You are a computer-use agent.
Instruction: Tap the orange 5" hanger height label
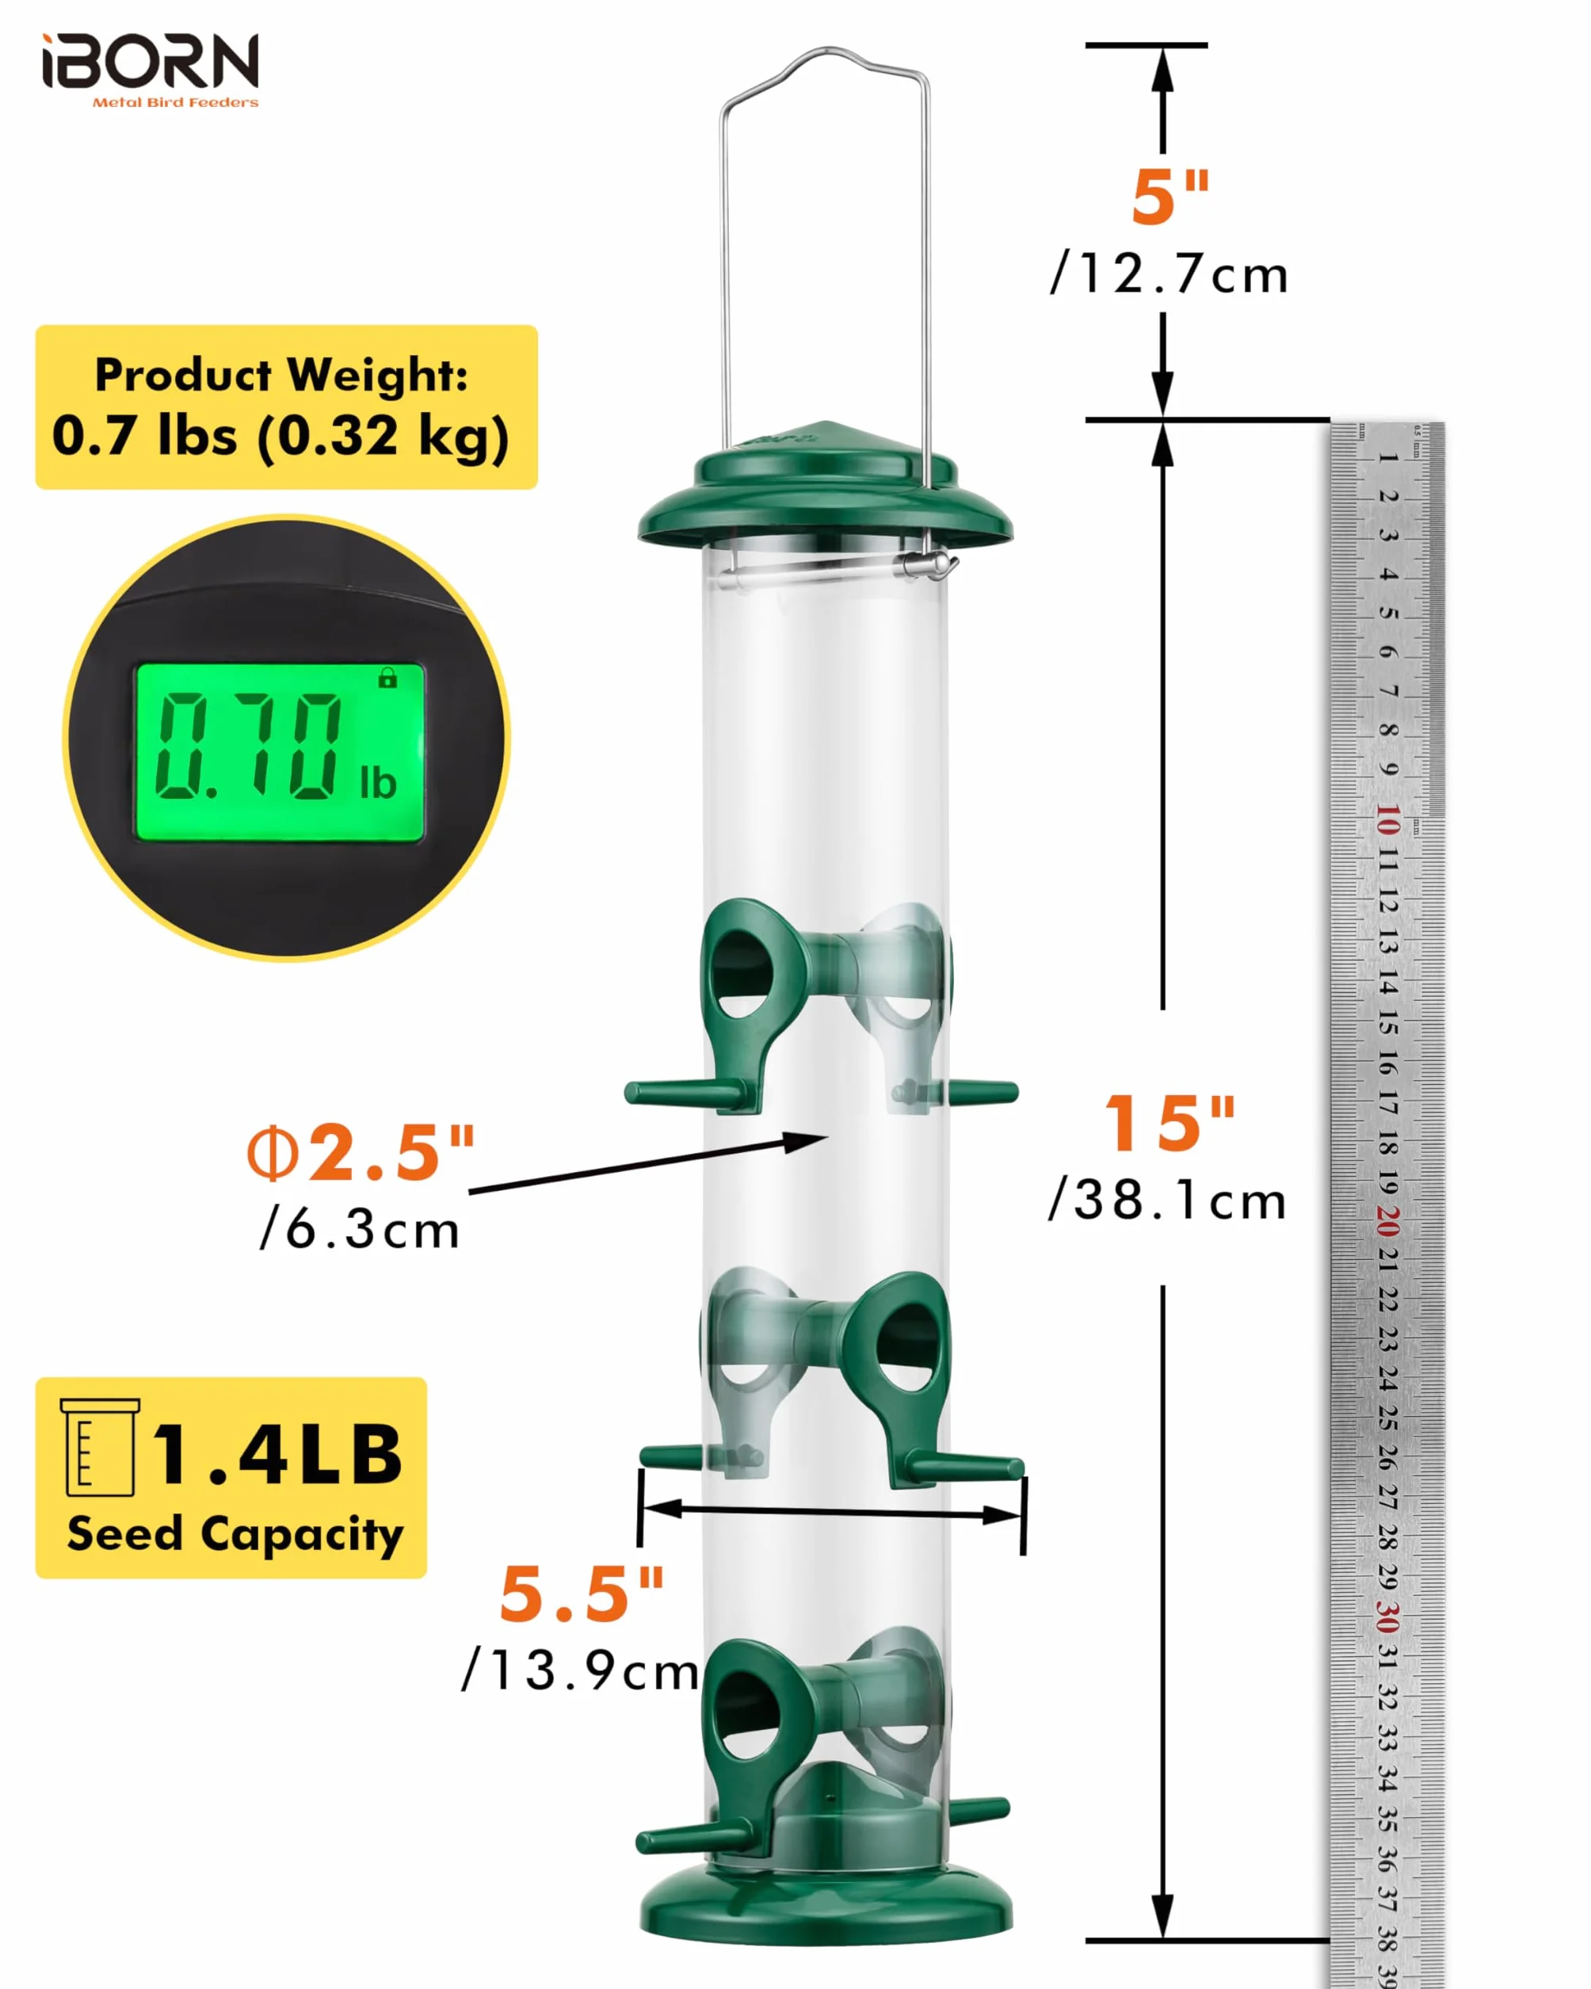(1169, 197)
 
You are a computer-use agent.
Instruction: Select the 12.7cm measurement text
(1169, 274)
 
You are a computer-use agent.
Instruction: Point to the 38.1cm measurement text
(1167, 1201)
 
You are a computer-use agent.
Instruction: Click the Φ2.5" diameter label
(361, 1153)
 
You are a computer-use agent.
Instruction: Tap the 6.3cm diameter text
(360, 1230)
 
